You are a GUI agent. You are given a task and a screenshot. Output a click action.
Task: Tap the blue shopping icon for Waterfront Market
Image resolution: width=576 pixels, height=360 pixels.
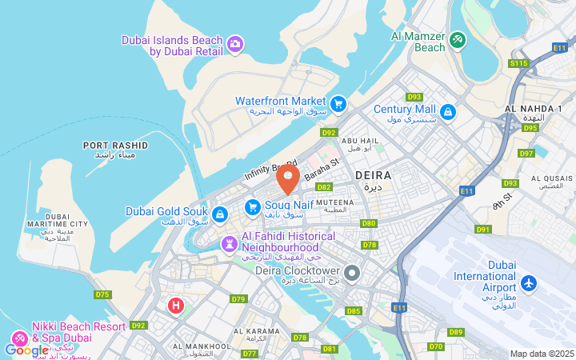tap(338, 102)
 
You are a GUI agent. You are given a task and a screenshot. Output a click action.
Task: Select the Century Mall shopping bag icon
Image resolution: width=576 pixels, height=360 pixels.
tap(448, 111)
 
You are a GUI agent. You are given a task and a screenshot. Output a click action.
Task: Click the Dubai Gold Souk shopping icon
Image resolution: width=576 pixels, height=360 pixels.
tap(220, 214)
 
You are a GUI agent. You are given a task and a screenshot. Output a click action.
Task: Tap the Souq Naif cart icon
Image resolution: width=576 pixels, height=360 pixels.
tap(253, 207)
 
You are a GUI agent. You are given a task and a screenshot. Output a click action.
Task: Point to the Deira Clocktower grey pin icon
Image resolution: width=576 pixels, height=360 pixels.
tap(353, 273)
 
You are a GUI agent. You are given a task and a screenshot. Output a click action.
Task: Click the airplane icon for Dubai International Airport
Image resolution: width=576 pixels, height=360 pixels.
tap(529, 282)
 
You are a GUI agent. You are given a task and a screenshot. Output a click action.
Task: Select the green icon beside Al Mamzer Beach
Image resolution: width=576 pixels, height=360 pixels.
tap(457, 39)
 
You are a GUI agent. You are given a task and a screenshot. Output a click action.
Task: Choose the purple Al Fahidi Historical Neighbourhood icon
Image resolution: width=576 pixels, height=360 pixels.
tap(230, 242)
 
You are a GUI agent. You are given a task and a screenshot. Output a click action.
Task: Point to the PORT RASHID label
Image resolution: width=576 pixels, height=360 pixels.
tap(115, 146)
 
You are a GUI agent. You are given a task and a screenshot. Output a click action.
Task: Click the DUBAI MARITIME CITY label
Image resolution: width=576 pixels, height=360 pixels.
tap(56, 227)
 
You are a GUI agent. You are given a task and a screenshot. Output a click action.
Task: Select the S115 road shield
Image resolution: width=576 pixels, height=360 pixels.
tap(518, 62)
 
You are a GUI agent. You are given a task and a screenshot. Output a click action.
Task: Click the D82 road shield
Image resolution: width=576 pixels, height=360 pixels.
tap(323, 186)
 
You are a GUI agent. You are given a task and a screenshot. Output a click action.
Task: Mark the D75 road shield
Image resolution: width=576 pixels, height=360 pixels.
tap(102, 294)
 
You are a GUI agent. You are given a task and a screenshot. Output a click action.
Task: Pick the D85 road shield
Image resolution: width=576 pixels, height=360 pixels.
tap(353, 310)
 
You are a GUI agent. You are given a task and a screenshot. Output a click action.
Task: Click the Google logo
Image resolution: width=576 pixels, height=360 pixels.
tap(26, 350)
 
